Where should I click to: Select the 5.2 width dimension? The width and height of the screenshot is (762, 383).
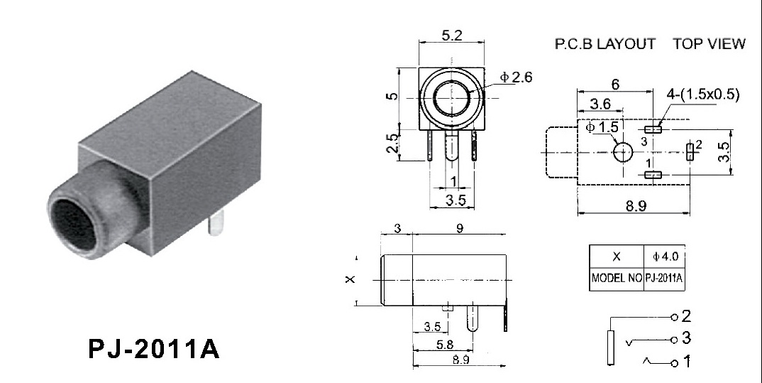click(x=451, y=36)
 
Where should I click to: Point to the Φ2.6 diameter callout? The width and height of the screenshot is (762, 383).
click(x=517, y=77)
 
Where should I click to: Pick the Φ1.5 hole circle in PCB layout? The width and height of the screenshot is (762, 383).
click(x=622, y=152)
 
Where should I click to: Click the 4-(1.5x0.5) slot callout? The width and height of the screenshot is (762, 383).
click(x=702, y=94)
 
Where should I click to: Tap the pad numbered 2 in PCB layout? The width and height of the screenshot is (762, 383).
click(x=690, y=152)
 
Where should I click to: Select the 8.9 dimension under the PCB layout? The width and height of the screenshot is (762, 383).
click(x=636, y=206)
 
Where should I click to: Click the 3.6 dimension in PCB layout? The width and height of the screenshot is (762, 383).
click(x=600, y=104)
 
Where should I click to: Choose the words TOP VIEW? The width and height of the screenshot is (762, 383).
click(x=709, y=44)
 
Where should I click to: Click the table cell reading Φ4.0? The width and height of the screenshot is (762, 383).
click(x=665, y=256)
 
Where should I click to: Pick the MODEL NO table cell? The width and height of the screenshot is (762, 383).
click(x=617, y=279)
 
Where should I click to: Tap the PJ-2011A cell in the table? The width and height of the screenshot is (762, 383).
click(x=664, y=279)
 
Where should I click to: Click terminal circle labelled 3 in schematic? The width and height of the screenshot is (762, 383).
click(x=674, y=340)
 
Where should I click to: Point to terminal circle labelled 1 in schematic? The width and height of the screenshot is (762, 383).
click(x=674, y=363)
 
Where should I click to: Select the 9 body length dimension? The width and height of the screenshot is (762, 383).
click(x=460, y=228)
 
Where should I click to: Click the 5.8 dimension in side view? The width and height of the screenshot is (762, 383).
click(x=445, y=345)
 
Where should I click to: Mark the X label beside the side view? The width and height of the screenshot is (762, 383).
click(x=350, y=279)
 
